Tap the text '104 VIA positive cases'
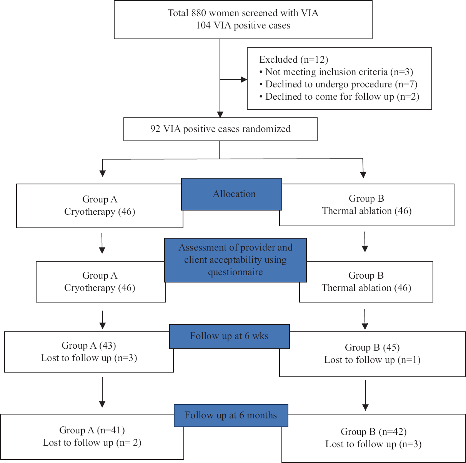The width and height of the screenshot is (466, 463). pos(243,25)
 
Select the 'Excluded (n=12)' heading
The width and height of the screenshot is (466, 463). pos(293,60)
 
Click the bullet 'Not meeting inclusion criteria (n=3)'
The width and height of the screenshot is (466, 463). pos(339,72)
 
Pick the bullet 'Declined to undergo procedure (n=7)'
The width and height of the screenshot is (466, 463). pos(341,84)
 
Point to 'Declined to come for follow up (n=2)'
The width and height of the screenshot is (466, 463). pos(342,97)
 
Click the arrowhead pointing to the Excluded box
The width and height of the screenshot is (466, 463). pos(243,80)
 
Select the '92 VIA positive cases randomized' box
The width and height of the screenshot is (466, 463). pos(220,129)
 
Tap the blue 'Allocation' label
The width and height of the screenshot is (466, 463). pos(234,194)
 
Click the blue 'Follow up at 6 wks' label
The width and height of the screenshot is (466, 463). pos(229,336)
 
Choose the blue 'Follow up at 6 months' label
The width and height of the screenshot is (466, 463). pos(231,415)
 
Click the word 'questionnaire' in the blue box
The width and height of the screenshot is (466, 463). pos(235,272)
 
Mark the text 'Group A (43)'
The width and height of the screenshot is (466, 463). pos(89,346)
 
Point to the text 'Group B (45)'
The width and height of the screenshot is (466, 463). pos(372,348)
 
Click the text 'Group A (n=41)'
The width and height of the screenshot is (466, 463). pos(92,430)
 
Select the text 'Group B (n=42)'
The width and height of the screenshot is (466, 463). pos(373,432)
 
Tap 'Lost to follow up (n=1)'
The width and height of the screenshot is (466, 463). pos(372,360)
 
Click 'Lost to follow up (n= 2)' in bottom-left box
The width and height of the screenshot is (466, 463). pos(92,443)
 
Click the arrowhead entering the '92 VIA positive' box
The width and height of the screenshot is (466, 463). pos(220,114)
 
